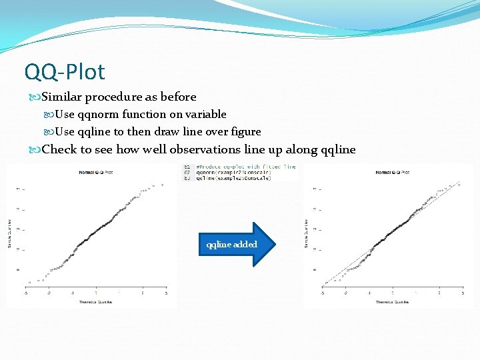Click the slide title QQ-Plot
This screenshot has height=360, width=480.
(x=64, y=71)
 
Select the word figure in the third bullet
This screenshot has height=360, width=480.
(x=244, y=131)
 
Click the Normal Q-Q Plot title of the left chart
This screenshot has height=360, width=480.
(x=96, y=173)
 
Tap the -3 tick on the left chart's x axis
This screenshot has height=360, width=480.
(x=26, y=293)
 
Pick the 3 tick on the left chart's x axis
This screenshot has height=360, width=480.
(x=165, y=293)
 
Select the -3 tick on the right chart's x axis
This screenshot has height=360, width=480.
(x=323, y=293)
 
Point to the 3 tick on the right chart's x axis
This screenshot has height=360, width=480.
(x=462, y=293)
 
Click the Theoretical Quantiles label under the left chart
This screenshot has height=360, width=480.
(x=96, y=302)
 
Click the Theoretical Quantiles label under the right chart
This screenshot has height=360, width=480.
(x=392, y=302)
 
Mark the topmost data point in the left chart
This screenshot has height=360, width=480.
(x=162, y=183)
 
